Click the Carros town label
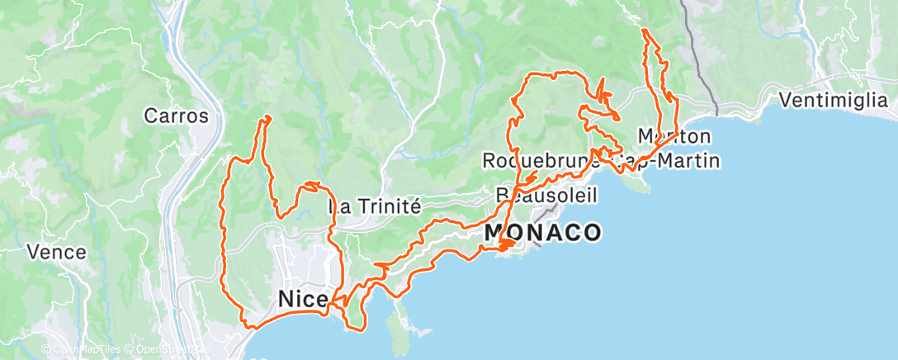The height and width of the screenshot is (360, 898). point(176,116)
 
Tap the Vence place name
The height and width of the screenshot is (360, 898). point(56,252)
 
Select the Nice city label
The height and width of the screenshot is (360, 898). point(302,298)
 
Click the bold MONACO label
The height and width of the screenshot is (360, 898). point(542,233)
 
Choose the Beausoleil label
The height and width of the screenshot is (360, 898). point(546,195)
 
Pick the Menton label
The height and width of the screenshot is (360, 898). point(674,135)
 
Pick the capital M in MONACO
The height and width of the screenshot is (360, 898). point(496,233)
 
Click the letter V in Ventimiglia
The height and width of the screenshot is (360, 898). point(785,101)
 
